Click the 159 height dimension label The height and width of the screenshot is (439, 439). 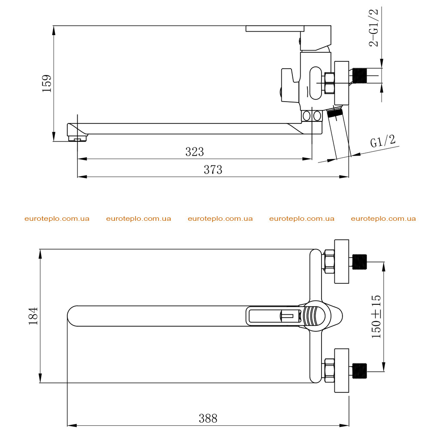click(47, 84)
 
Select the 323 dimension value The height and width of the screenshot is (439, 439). click(195, 152)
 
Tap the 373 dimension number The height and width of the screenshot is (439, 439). click(213, 170)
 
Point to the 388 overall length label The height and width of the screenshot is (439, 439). click(208, 418)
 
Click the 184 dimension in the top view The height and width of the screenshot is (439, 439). click(33, 316)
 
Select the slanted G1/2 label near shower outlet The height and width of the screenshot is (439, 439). click(383, 141)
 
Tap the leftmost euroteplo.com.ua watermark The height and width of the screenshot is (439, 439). click(57, 219)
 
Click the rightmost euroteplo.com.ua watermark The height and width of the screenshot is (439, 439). click(383, 219)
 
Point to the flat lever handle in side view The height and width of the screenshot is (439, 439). click(275, 29)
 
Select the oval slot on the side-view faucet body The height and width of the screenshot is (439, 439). click(316, 83)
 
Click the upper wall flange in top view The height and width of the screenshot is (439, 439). click(342, 261)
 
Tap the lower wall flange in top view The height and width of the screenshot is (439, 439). click(342, 370)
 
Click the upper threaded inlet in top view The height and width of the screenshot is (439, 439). click(360, 262)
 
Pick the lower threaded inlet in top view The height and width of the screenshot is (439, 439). click(360, 371)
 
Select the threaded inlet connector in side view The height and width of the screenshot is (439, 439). click(360, 75)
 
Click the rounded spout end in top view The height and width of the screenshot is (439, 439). click(72, 316)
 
